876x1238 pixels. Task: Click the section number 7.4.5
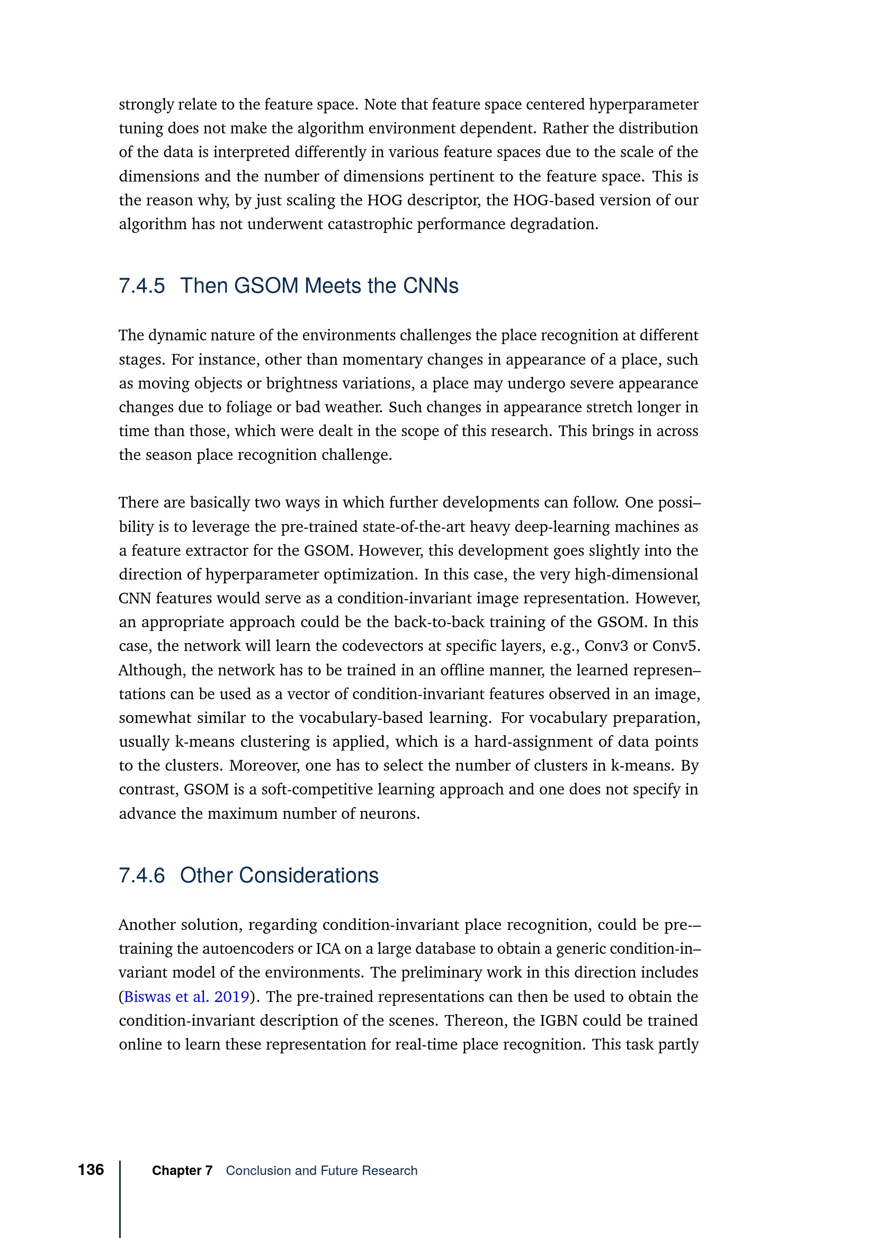[142, 286]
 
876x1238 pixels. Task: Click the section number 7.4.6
[142, 875]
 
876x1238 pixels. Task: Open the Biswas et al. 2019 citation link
[186, 997]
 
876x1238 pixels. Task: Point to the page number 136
[91, 1170]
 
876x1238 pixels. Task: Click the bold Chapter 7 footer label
[182, 1171]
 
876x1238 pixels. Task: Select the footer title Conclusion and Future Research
[321, 1171]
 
